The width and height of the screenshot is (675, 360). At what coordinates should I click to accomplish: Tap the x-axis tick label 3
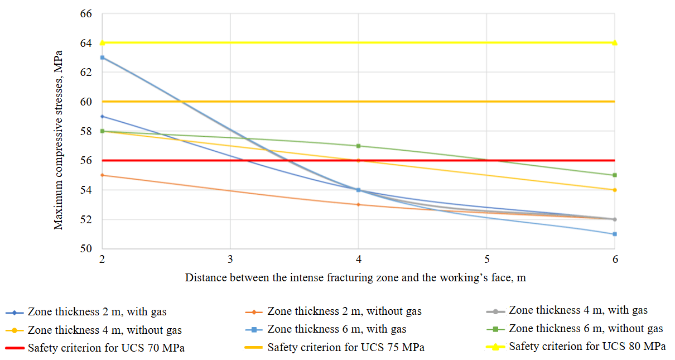click(x=230, y=260)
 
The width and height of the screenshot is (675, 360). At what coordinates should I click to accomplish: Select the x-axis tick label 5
click(x=486, y=260)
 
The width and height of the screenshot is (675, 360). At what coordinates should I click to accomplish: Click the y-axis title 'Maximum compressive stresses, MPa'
click(x=58, y=140)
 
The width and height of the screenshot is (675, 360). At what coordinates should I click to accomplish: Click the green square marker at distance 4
click(x=358, y=146)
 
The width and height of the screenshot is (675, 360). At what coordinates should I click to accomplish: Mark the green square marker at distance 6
click(x=615, y=175)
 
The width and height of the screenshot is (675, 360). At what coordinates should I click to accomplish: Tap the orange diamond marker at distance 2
click(x=102, y=175)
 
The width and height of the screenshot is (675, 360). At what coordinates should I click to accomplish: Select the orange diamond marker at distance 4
click(x=358, y=205)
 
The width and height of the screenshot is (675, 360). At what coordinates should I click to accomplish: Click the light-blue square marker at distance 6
click(x=615, y=234)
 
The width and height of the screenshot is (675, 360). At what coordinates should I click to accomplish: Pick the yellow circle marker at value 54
click(x=615, y=190)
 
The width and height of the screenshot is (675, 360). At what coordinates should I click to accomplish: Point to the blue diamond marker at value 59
click(x=102, y=116)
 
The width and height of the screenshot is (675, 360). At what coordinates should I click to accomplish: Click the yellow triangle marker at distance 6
click(x=615, y=42)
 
